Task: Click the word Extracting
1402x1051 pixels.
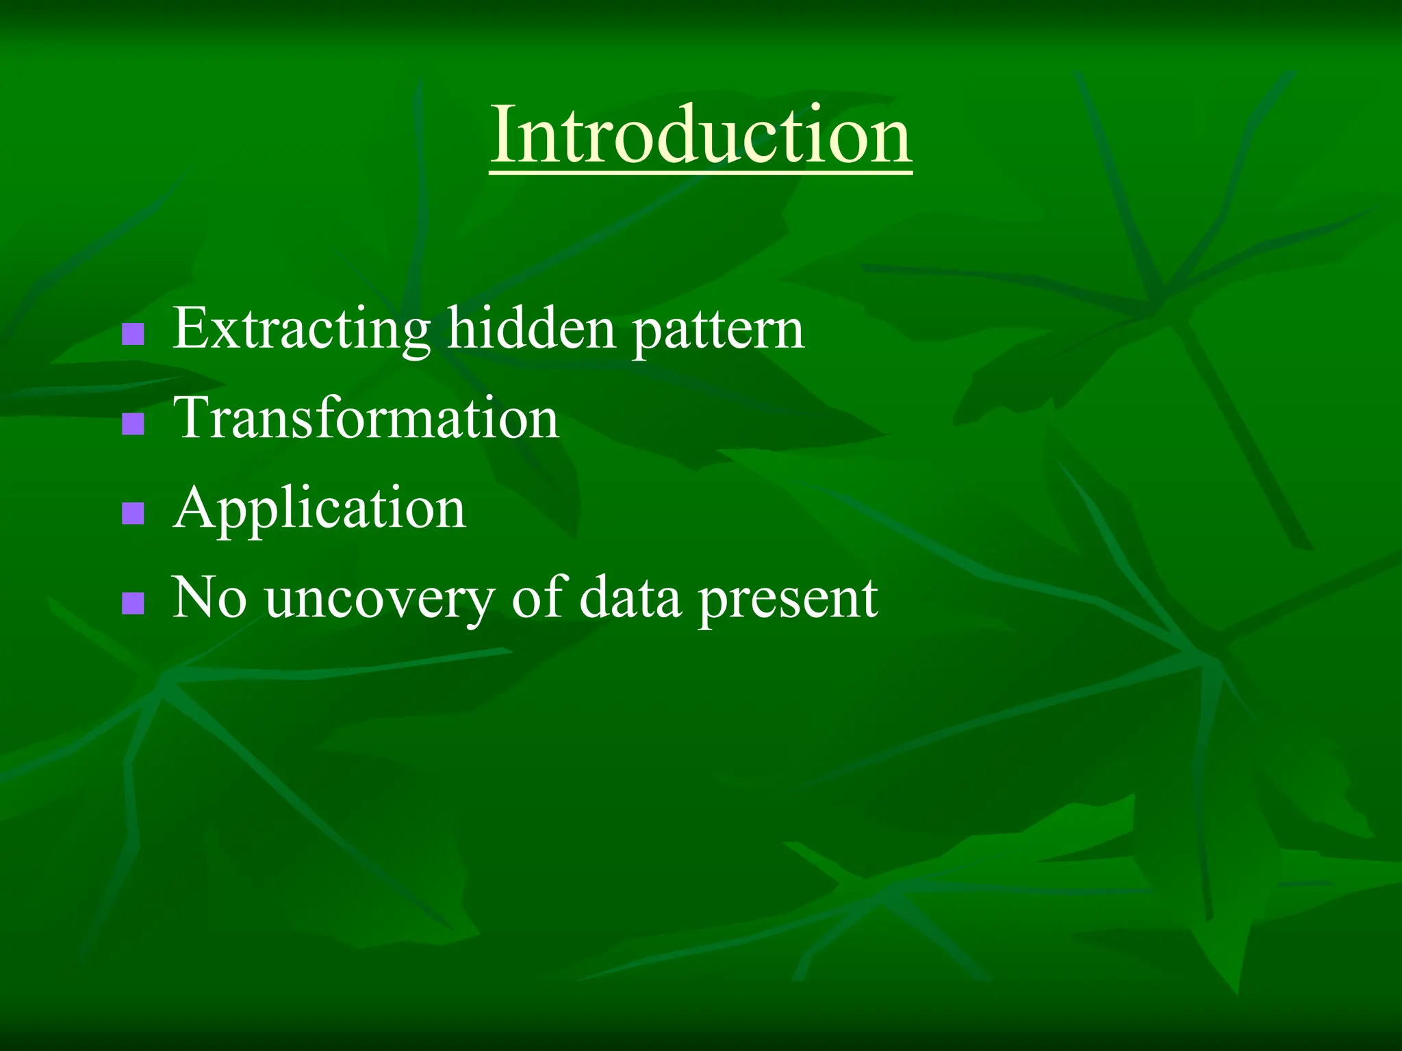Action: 301,330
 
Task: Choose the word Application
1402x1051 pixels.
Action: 320,509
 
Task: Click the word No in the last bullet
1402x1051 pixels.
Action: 209,597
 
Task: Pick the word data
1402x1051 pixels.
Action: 630,597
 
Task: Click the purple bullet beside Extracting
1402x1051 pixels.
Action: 133,334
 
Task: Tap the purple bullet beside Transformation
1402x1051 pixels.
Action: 133,424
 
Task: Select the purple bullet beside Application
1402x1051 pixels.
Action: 133,513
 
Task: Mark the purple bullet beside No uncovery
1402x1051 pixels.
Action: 133,603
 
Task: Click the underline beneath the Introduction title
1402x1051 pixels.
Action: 701,174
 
